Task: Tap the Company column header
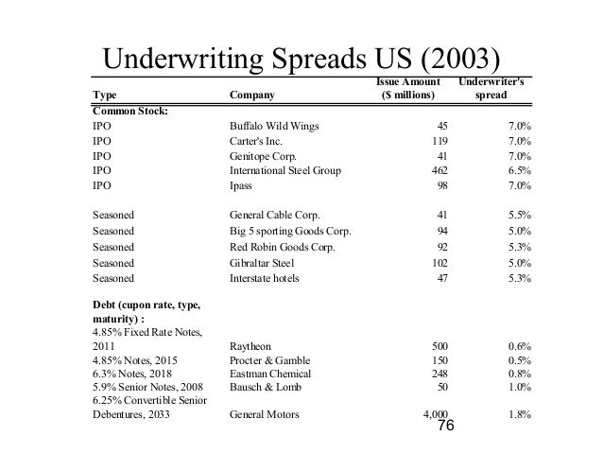(x=255, y=96)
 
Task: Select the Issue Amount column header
(x=406, y=89)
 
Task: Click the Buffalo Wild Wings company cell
(x=274, y=124)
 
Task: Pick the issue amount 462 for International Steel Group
(x=438, y=171)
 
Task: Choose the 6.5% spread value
(x=518, y=171)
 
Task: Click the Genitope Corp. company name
(x=262, y=155)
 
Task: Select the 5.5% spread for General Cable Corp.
(x=518, y=215)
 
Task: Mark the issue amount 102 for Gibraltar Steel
(x=438, y=263)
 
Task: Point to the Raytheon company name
(x=251, y=346)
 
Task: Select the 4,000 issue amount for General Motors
(x=434, y=413)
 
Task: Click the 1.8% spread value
(x=518, y=413)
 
